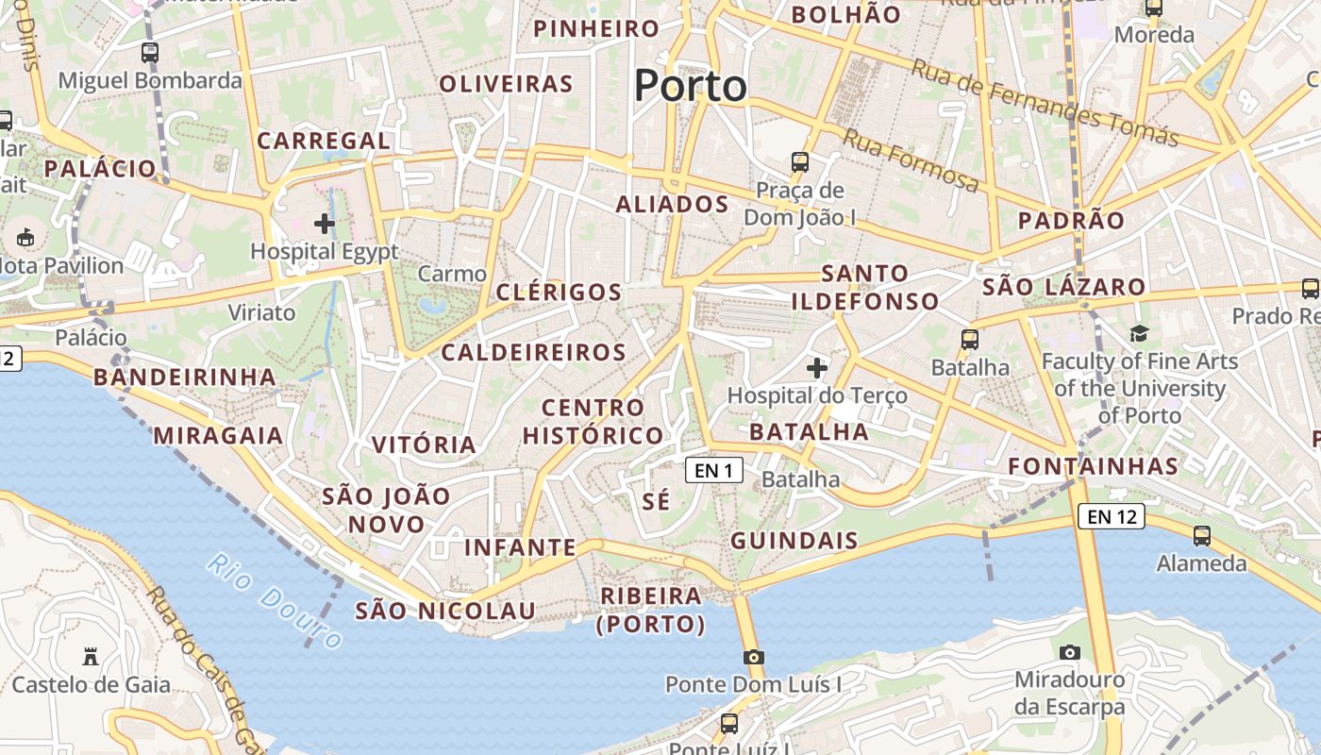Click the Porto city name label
(690, 86)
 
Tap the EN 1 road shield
(713, 470)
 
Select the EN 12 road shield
(1111, 516)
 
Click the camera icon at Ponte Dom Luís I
(752, 657)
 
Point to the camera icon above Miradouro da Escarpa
(1069, 652)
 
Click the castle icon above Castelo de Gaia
(91, 656)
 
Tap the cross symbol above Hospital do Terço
(817, 367)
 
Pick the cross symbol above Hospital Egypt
(324, 224)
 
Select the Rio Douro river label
(275, 601)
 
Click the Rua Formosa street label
(911, 161)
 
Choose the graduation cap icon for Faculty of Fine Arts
(1139, 333)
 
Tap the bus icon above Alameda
(1201, 536)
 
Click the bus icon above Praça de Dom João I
(799, 162)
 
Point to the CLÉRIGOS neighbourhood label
(559, 292)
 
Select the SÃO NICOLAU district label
(445, 611)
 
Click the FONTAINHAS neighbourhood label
(1093, 465)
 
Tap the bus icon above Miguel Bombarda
(150, 53)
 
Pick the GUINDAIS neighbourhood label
(794, 541)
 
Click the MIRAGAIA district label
(218, 435)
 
